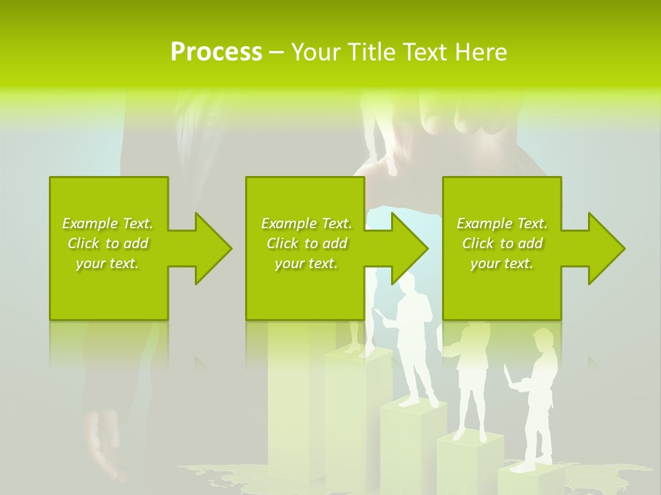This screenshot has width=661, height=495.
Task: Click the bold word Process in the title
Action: (x=216, y=52)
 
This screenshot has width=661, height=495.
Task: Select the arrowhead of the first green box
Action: (x=211, y=248)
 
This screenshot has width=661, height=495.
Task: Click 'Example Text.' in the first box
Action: (x=107, y=223)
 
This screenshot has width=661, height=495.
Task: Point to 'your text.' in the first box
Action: (x=107, y=263)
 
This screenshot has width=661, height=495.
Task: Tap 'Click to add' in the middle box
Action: (x=306, y=243)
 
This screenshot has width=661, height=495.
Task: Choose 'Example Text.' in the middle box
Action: (x=306, y=223)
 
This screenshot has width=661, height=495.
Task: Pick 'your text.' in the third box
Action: (x=502, y=263)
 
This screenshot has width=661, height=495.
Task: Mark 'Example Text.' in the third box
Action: (x=502, y=223)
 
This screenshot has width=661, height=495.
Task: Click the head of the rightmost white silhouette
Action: (x=543, y=339)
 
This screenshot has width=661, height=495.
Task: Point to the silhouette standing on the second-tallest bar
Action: (x=414, y=337)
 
